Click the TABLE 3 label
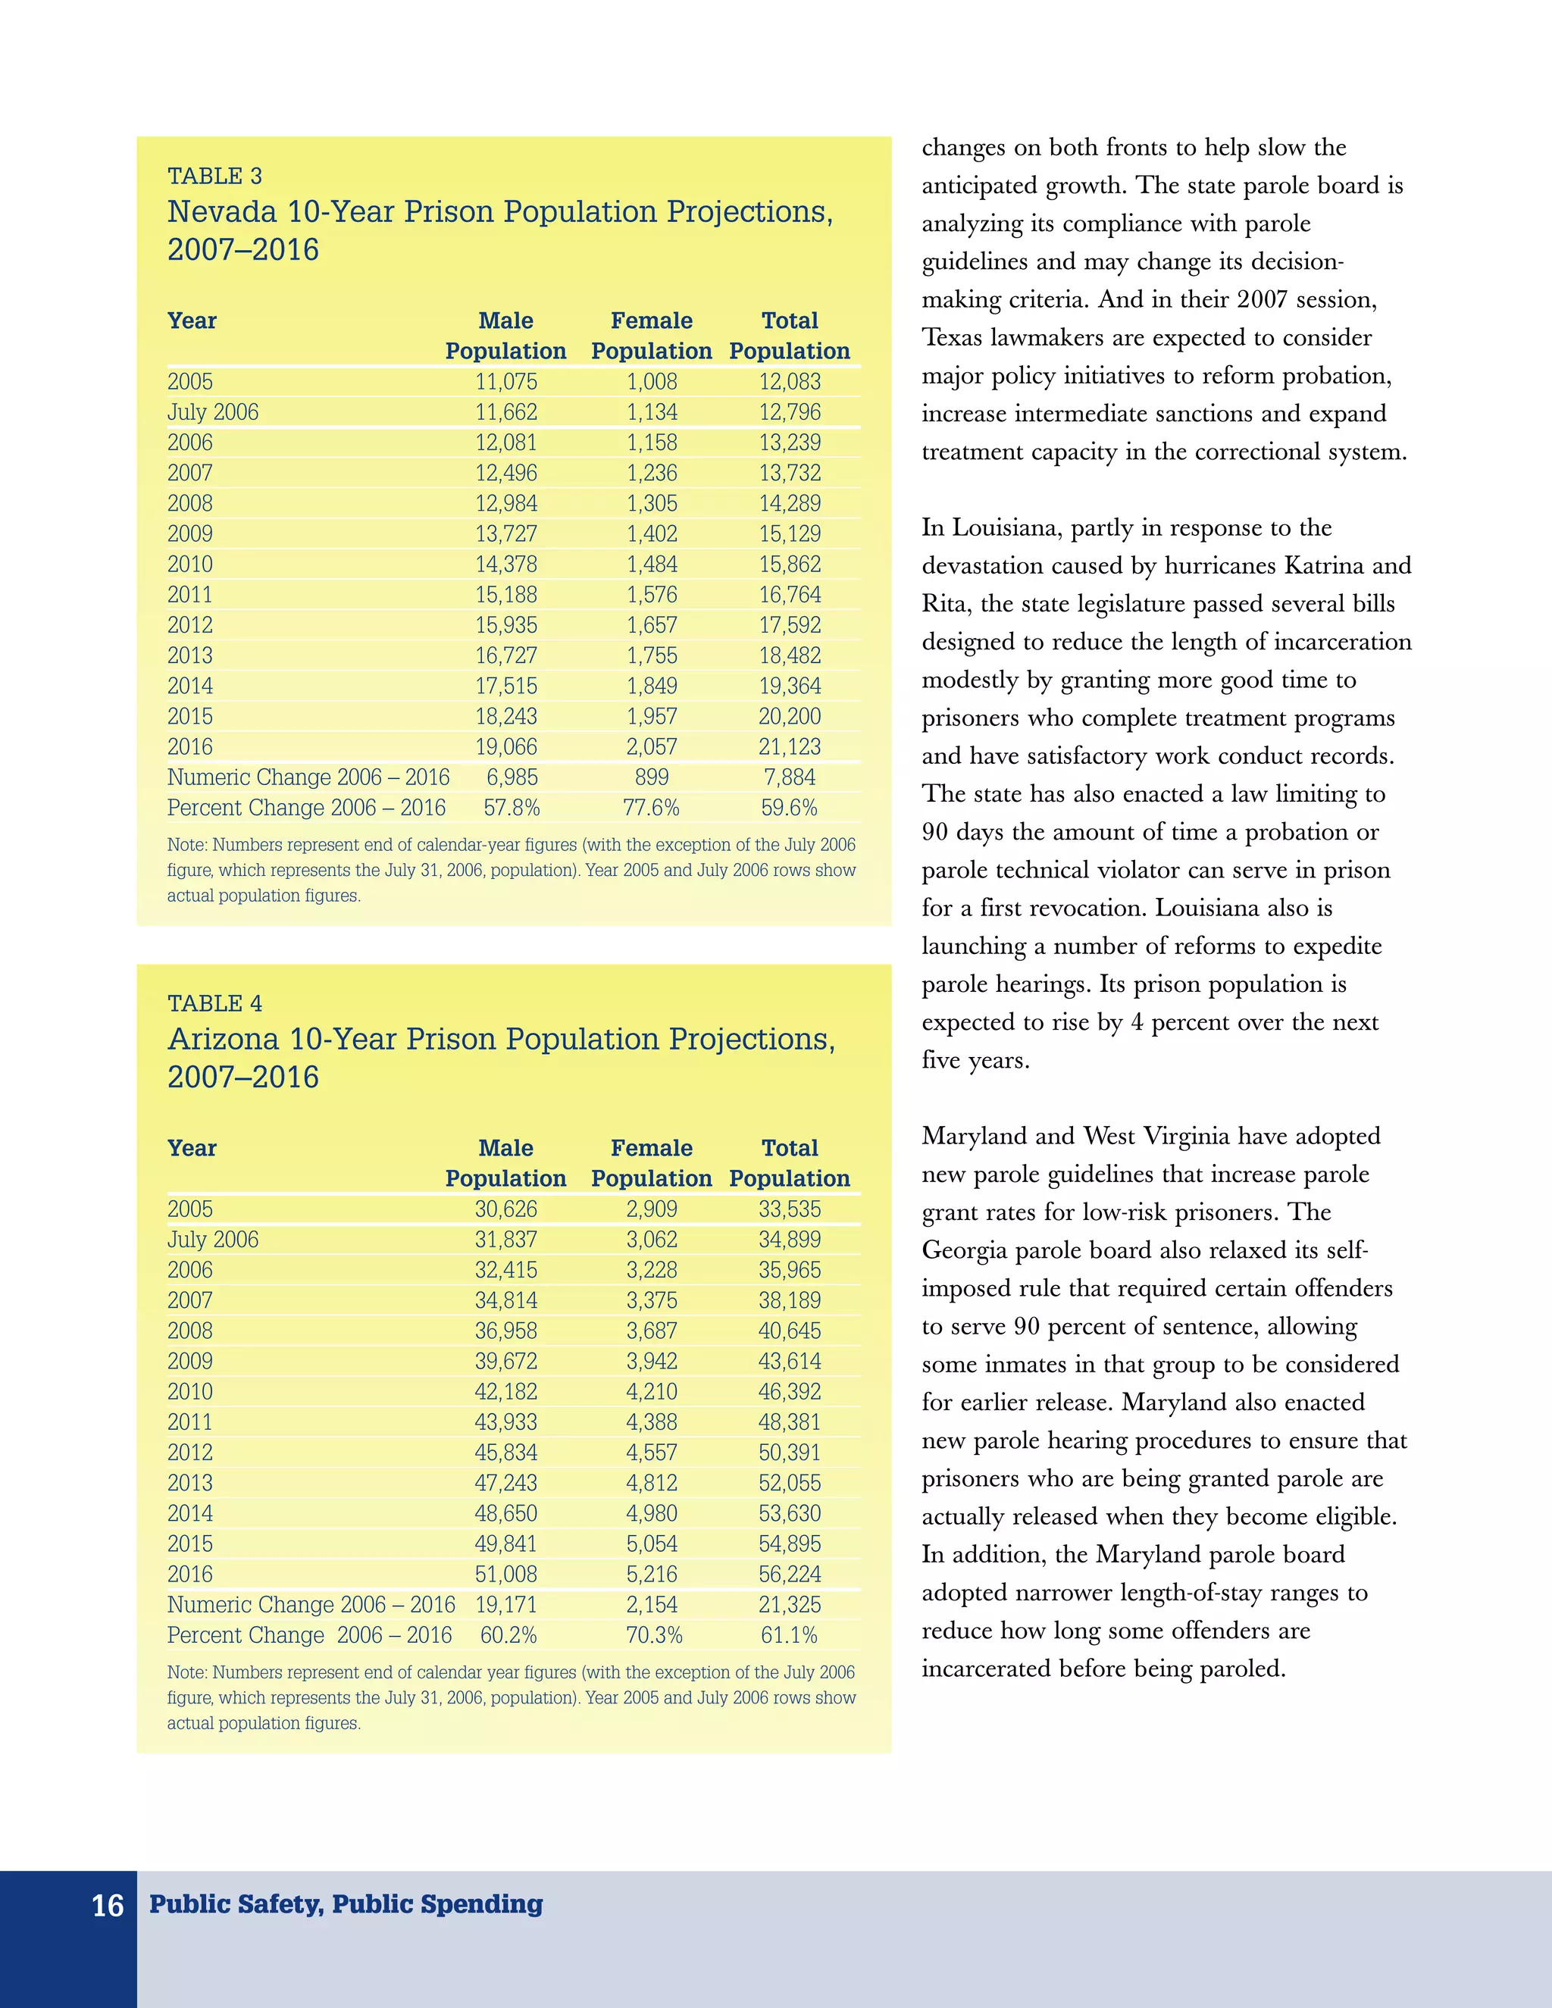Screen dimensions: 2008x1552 click(214, 176)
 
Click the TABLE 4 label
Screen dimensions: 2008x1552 click(214, 1003)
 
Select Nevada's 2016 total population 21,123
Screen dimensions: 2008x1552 click(790, 746)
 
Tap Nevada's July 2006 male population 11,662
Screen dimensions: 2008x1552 click(505, 412)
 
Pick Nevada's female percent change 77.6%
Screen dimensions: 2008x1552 click(651, 807)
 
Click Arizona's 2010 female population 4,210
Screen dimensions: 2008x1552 click(651, 1391)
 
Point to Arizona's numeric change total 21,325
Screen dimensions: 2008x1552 click(790, 1604)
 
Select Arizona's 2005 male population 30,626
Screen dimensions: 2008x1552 click(505, 1209)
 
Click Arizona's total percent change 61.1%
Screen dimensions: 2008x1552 click(789, 1634)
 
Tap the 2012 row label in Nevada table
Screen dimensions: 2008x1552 click(189, 625)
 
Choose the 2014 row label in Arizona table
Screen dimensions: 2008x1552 click(189, 1512)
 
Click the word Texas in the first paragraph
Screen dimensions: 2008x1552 click(952, 337)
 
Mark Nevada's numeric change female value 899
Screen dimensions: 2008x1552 click(651, 777)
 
